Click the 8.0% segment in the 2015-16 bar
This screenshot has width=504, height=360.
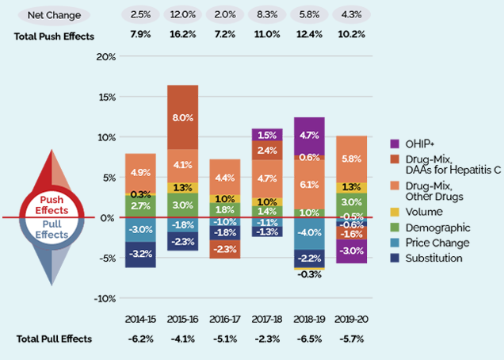(x=182, y=117)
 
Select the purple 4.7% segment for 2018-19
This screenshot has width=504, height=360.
(x=309, y=135)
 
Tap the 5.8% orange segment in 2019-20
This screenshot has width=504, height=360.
(x=352, y=159)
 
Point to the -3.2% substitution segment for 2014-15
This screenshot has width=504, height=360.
(x=139, y=254)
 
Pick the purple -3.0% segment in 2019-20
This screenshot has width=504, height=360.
(x=352, y=251)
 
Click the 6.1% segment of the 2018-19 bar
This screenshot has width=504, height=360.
(x=309, y=184)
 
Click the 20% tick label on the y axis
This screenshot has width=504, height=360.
(x=105, y=57)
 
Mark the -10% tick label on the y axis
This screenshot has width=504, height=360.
(x=104, y=298)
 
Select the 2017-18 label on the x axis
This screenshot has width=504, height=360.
(x=267, y=320)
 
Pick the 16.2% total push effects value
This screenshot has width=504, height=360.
(x=182, y=36)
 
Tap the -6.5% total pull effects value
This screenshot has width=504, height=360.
(x=309, y=339)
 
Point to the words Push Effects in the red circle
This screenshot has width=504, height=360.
(x=46, y=205)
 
